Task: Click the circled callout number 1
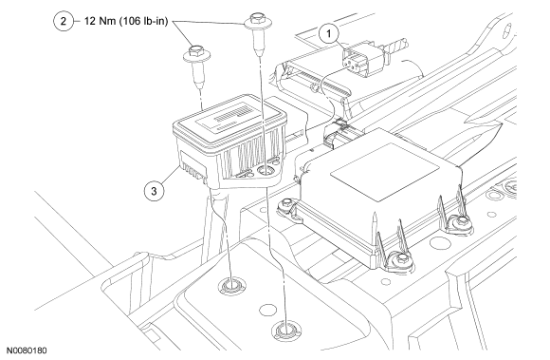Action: [329, 33]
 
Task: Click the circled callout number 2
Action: [64, 21]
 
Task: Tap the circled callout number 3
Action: [154, 191]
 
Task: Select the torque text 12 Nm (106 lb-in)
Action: [126, 22]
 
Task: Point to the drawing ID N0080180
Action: [27, 351]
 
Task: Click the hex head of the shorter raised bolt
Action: [195, 51]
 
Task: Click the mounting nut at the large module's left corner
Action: [286, 203]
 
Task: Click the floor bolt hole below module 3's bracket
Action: [230, 286]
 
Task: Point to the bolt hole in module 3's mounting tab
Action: [266, 171]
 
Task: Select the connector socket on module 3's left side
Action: [192, 166]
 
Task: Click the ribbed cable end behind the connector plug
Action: [397, 45]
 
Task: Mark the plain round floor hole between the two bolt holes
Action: [267, 310]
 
